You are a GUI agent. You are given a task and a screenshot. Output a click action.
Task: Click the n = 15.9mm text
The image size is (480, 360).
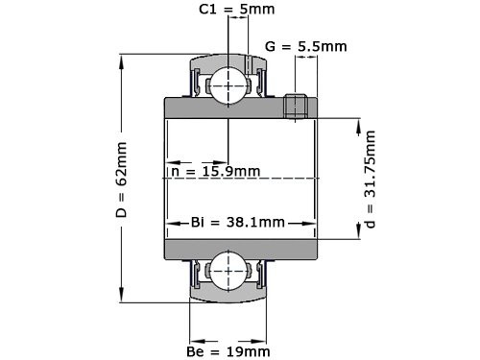[216, 172]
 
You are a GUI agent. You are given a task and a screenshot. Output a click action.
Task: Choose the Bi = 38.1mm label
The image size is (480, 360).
[237, 223]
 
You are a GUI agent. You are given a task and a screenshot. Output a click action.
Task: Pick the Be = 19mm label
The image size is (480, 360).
[228, 351]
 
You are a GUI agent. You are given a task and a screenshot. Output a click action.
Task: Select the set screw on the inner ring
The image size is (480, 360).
[297, 107]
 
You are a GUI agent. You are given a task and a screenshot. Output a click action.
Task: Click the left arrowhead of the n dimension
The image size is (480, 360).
[172, 160]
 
